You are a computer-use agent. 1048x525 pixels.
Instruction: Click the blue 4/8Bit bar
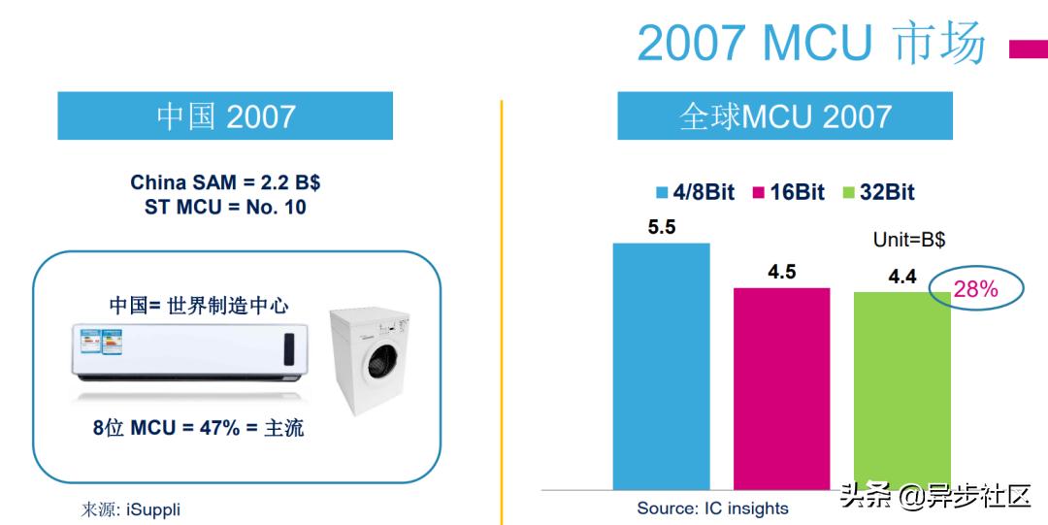661,366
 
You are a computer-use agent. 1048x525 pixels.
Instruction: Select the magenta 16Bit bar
781,388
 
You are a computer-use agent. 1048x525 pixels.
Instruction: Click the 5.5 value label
662,228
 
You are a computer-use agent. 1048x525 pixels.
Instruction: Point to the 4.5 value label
781,273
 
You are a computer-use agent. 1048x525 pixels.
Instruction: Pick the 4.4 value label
901,277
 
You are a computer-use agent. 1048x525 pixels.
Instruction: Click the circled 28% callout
975,288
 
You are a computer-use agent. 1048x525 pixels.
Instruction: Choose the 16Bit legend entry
787,192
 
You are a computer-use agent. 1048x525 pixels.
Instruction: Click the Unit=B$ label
909,240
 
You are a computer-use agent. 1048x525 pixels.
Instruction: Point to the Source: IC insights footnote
712,508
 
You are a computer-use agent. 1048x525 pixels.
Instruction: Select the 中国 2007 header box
225,116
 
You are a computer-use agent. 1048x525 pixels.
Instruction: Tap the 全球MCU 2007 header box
785,116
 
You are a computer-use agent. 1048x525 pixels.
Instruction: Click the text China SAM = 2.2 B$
225,182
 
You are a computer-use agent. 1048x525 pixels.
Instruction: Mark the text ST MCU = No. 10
225,207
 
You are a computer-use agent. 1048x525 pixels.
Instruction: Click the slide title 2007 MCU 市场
810,43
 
